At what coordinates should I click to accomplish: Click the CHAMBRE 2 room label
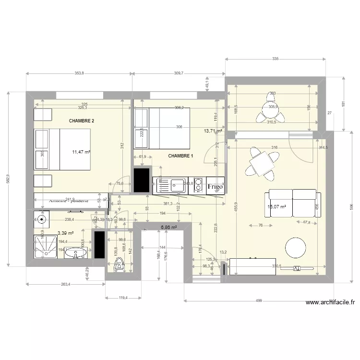click(82, 121)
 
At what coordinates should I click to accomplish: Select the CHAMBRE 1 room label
click(180, 156)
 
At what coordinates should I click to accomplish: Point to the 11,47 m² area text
click(82, 152)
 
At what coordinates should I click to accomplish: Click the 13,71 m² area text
click(213, 131)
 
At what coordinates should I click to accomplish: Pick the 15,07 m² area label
click(276, 207)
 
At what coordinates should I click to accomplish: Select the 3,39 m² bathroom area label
click(65, 233)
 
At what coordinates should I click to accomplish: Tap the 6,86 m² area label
click(169, 228)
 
